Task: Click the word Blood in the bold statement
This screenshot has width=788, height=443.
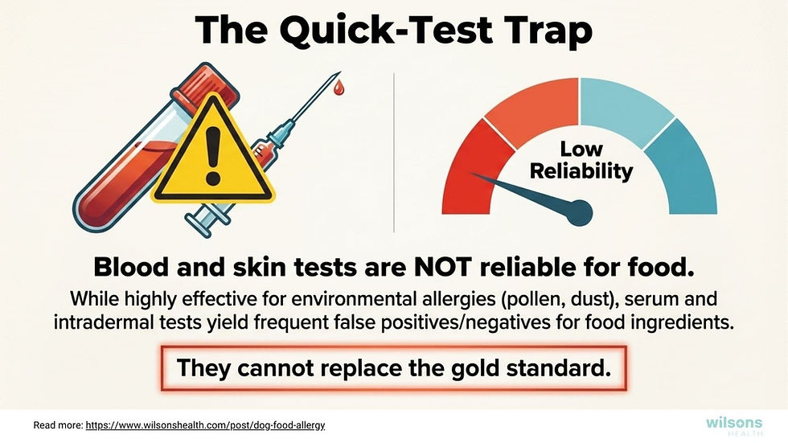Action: tap(129, 267)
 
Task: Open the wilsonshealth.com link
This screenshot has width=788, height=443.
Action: tap(205, 424)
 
